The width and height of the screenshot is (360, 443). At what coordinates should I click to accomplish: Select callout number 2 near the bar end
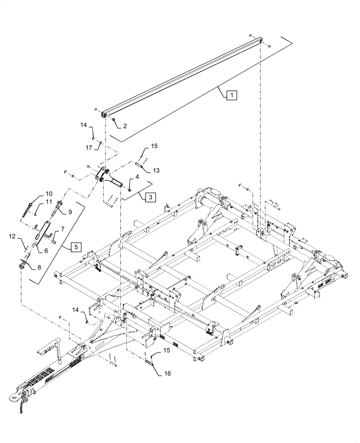(x=125, y=126)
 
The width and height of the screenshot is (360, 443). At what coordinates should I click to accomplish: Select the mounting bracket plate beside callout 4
(x=103, y=174)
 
